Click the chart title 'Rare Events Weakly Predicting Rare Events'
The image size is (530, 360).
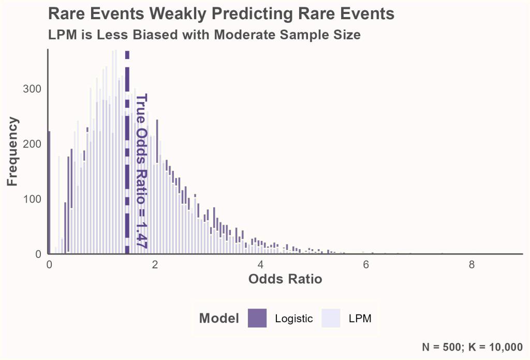coord(221,14)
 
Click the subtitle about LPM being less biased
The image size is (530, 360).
coord(204,35)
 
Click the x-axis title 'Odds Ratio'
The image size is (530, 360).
coord(285,279)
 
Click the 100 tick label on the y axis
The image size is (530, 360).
coord(32,199)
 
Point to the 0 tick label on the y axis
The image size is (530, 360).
coord(38,254)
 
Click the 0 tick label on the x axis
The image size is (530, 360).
coord(49,264)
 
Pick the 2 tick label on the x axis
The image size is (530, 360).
coord(155,264)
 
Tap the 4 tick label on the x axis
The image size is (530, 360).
coord(260,264)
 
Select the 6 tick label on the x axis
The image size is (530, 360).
coord(366,264)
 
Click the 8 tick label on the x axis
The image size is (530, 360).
coord(472,264)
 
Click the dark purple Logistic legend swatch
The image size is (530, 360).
coord(257,318)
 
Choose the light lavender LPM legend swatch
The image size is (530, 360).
coord(331,318)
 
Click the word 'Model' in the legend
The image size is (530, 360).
coord(219,318)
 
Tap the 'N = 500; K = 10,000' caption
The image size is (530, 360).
coord(472,347)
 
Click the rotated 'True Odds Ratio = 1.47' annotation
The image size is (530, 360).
coord(141,171)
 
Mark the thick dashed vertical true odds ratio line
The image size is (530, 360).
coord(127,155)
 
